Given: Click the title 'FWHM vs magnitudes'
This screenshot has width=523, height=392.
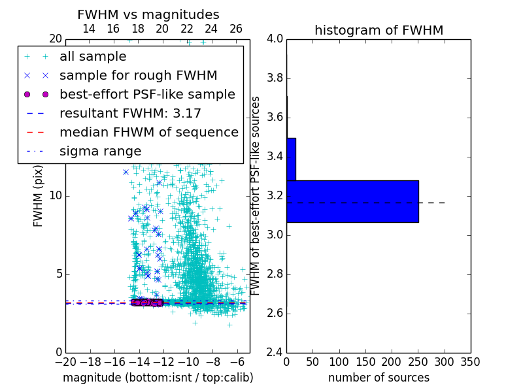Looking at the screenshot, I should pos(148,14).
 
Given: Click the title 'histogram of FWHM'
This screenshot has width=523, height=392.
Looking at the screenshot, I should pos(379,30).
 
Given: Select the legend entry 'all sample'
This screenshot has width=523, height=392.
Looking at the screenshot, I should pos(93,57).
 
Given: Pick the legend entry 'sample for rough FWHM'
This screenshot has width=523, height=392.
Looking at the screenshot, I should pos(138,75).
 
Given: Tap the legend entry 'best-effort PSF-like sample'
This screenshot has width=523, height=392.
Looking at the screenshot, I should pos(147,94).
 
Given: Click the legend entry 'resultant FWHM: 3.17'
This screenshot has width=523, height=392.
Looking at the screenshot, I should pos(130,113).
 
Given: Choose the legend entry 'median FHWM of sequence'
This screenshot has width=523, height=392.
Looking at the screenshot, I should pos(148,132).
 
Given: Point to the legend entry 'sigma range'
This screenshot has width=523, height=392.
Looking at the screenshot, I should pos(100,151).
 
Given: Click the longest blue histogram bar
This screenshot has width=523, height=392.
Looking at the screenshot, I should pos(352,201).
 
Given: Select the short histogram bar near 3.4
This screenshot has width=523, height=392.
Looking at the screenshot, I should pos(291,159).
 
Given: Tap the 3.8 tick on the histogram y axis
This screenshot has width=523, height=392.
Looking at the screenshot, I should pos(275,78).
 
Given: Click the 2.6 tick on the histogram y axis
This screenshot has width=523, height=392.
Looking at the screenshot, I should pos(275,314).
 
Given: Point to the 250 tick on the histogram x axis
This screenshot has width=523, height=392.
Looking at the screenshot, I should pos(418,361).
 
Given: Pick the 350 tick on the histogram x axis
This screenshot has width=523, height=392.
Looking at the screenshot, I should pos(471,361).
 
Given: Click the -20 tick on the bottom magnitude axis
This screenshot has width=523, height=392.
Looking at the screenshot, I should pos(65,361).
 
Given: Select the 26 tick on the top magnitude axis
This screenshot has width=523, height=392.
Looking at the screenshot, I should pos(236,29).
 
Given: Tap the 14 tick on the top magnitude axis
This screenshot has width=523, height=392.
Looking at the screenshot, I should pos(89,29).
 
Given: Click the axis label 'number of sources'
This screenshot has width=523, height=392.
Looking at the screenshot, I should pos(379,378).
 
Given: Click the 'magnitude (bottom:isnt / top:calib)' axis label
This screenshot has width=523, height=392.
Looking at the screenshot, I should pos(158,378).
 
